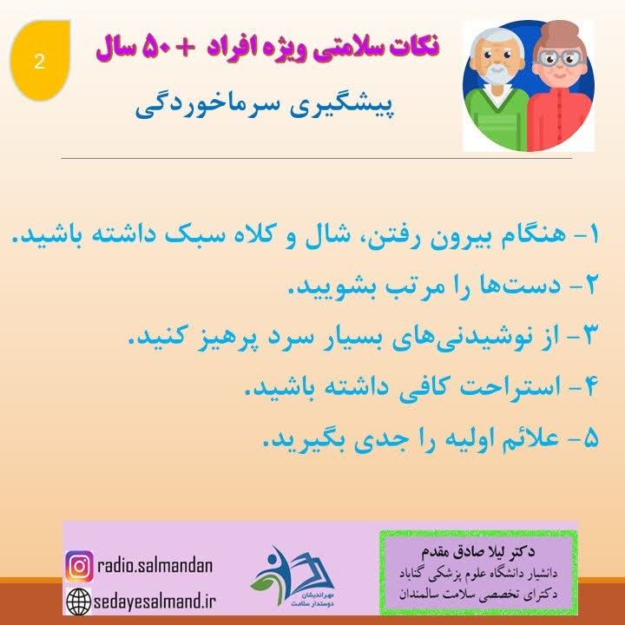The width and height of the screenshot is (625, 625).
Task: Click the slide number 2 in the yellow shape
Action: point(38,62)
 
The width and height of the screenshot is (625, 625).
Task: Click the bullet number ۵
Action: point(599,439)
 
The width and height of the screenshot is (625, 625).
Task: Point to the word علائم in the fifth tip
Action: point(515,439)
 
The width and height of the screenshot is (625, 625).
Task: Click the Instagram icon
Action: point(79,566)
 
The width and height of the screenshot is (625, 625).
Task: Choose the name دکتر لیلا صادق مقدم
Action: point(479,550)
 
